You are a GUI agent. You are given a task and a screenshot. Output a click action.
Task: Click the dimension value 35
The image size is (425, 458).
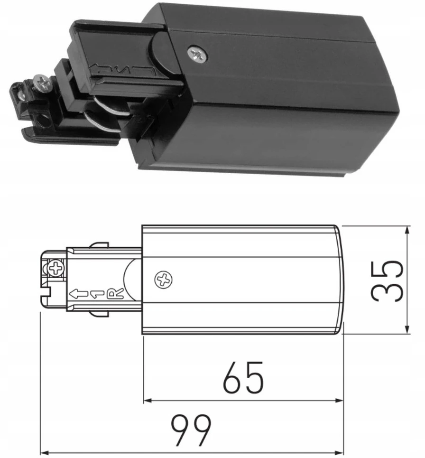click(387, 281)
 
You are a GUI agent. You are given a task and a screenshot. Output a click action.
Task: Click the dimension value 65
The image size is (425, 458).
click(243, 377)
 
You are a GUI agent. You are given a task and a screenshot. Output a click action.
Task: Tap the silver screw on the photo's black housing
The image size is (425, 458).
click(197, 54)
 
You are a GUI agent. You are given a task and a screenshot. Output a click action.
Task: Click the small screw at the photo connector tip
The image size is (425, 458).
click(42, 82)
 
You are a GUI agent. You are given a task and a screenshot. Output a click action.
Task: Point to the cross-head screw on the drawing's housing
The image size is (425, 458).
click(164, 280)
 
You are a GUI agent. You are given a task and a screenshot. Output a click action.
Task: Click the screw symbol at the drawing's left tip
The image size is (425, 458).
click(56, 267)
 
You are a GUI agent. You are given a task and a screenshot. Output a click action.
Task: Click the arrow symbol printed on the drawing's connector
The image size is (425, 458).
click(78, 294)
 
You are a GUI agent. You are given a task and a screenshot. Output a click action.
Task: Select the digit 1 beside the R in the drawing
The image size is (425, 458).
click(97, 294)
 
